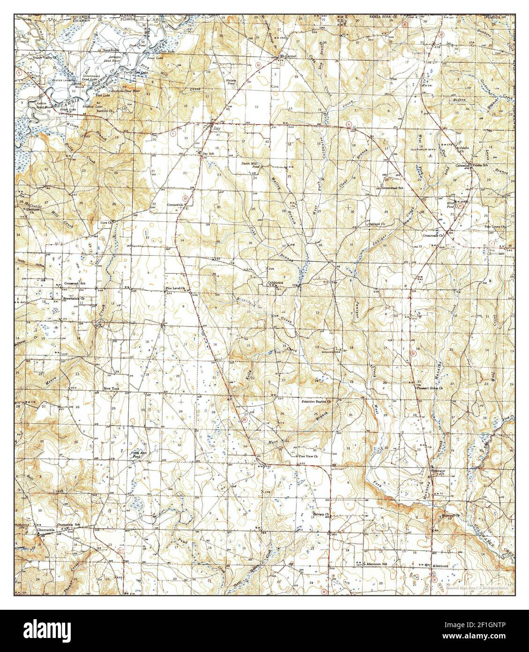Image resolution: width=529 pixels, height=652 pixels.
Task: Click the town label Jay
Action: point(216,128)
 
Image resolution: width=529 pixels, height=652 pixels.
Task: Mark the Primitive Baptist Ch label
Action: point(316,402)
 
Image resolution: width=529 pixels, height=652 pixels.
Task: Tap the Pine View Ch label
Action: point(309,455)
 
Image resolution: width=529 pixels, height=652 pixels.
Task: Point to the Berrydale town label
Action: point(497,252)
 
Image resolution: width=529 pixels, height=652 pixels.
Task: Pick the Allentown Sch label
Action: point(378,563)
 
